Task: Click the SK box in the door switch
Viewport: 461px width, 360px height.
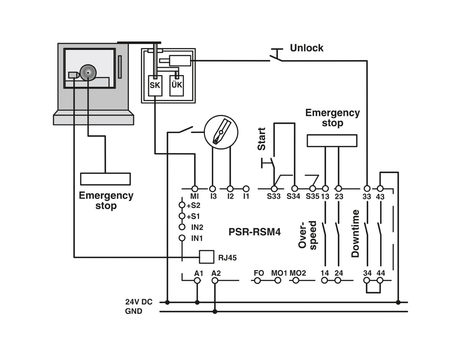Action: point(155,86)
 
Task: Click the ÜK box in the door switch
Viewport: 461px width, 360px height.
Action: point(177,86)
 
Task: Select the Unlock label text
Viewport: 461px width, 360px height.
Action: point(306,48)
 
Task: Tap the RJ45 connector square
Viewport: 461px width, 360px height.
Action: point(207,257)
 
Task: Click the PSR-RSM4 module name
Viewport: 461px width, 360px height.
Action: point(254,232)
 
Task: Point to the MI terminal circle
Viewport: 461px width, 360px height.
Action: point(195,189)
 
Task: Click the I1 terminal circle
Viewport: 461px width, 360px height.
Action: point(246,189)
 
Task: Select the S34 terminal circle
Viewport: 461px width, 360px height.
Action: point(295,188)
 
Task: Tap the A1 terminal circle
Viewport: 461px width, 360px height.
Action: point(197,280)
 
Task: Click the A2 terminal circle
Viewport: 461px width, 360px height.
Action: point(215,280)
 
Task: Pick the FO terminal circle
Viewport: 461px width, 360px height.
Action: point(257,280)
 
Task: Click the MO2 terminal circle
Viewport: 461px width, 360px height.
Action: point(296,280)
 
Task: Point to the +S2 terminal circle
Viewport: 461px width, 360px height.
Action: point(182,205)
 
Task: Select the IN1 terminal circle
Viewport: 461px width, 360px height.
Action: point(182,238)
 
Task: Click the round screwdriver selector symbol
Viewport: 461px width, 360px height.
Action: point(221,132)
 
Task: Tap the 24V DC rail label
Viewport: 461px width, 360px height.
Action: point(139,302)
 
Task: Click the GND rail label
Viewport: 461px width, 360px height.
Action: point(133,311)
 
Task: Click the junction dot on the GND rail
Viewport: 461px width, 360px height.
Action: point(215,311)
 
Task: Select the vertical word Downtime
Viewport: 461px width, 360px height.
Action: point(355,234)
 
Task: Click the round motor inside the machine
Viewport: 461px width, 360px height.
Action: point(88,73)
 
